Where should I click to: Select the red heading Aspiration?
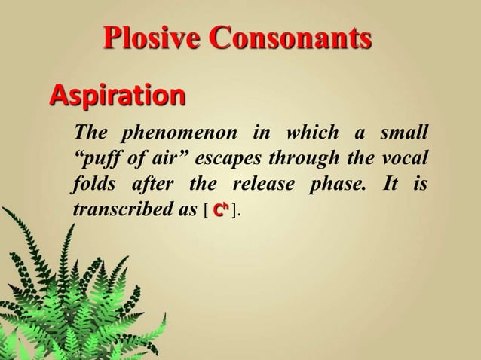click(x=117, y=97)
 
